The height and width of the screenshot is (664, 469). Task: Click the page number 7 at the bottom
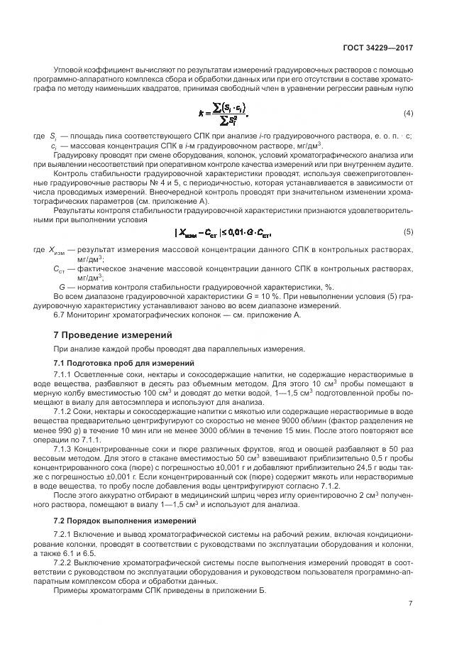click(411, 604)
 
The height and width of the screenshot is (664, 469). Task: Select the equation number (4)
click(408, 114)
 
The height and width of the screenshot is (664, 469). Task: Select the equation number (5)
click(408, 232)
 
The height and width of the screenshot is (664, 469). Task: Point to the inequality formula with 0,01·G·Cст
click(224, 232)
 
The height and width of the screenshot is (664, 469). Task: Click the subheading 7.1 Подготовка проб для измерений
click(125, 363)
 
